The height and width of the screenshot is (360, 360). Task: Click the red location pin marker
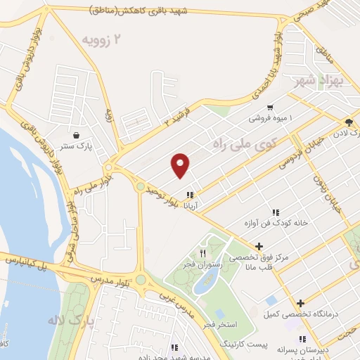pos(181,165)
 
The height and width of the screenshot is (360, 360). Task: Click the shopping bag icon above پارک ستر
pos(75,134)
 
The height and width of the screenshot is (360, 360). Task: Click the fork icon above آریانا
pos(189,195)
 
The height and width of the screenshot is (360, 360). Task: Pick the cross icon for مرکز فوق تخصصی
pos(259,246)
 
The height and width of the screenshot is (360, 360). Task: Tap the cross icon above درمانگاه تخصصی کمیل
pos(300,302)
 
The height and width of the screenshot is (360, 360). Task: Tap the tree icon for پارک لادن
pos(349,122)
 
